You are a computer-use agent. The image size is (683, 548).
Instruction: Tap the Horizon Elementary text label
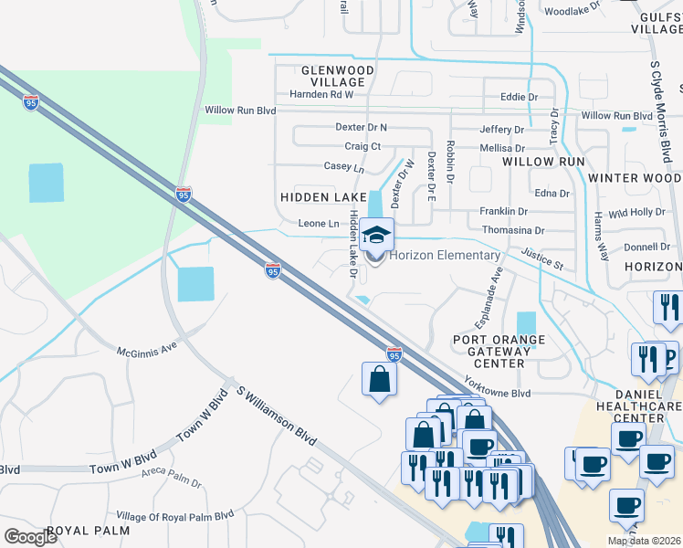tap(445, 255)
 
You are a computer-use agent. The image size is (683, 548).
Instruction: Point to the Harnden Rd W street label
tap(321, 94)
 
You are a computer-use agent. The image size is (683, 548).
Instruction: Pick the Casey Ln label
tap(344, 167)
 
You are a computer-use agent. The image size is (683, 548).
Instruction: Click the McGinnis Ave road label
tap(147, 350)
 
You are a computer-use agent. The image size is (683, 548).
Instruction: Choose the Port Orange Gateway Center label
tap(500, 352)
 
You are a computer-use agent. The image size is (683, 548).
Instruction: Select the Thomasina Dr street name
tap(512, 231)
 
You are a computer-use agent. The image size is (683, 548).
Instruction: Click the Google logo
tap(31, 537)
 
